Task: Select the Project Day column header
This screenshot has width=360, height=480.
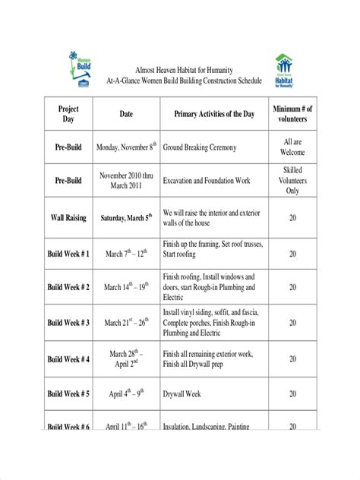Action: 68,115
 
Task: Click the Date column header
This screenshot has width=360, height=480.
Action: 126,115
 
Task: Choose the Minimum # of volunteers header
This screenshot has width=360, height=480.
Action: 292,115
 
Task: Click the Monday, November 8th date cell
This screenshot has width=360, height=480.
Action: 126,147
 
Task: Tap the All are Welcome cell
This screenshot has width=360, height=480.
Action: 292,147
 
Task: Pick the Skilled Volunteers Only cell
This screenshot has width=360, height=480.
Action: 292,181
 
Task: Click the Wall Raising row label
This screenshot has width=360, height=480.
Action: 68,217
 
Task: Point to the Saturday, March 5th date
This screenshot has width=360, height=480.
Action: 126,217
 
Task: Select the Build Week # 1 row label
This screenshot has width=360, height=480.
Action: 68,253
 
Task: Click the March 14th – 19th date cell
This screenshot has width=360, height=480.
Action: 126,288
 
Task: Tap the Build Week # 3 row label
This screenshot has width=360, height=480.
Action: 68,323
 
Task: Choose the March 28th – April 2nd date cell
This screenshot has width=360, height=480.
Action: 126,358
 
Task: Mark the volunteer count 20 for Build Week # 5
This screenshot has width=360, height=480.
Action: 292,394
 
